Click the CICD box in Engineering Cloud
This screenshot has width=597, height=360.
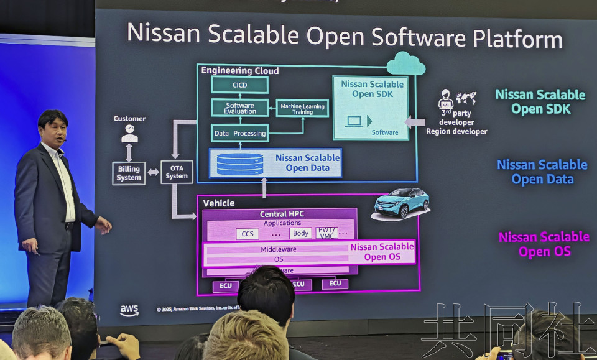click(x=239, y=85)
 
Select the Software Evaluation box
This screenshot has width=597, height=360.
click(x=240, y=108)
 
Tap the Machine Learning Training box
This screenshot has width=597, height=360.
click(x=302, y=109)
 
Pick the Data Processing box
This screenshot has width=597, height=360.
click(x=239, y=133)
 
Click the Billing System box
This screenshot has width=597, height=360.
click(x=129, y=173)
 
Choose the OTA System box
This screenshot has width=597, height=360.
click(x=177, y=172)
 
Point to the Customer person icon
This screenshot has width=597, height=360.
click(x=129, y=134)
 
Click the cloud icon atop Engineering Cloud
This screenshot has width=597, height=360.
click(x=405, y=63)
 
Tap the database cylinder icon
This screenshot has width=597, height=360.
click(x=240, y=164)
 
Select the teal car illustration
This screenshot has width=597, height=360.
click(x=402, y=203)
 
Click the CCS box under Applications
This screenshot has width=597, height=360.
click(x=247, y=234)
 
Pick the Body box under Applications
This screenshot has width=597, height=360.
click(x=300, y=233)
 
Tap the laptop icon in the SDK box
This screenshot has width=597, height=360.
click(x=356, y=121)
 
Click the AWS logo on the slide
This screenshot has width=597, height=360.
click(x=129, y=310)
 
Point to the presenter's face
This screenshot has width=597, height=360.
click(x=53, y=127)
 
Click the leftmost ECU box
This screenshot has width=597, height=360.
click(x=225, y=286)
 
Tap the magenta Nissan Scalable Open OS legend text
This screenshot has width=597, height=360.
click(x=544, y=244)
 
